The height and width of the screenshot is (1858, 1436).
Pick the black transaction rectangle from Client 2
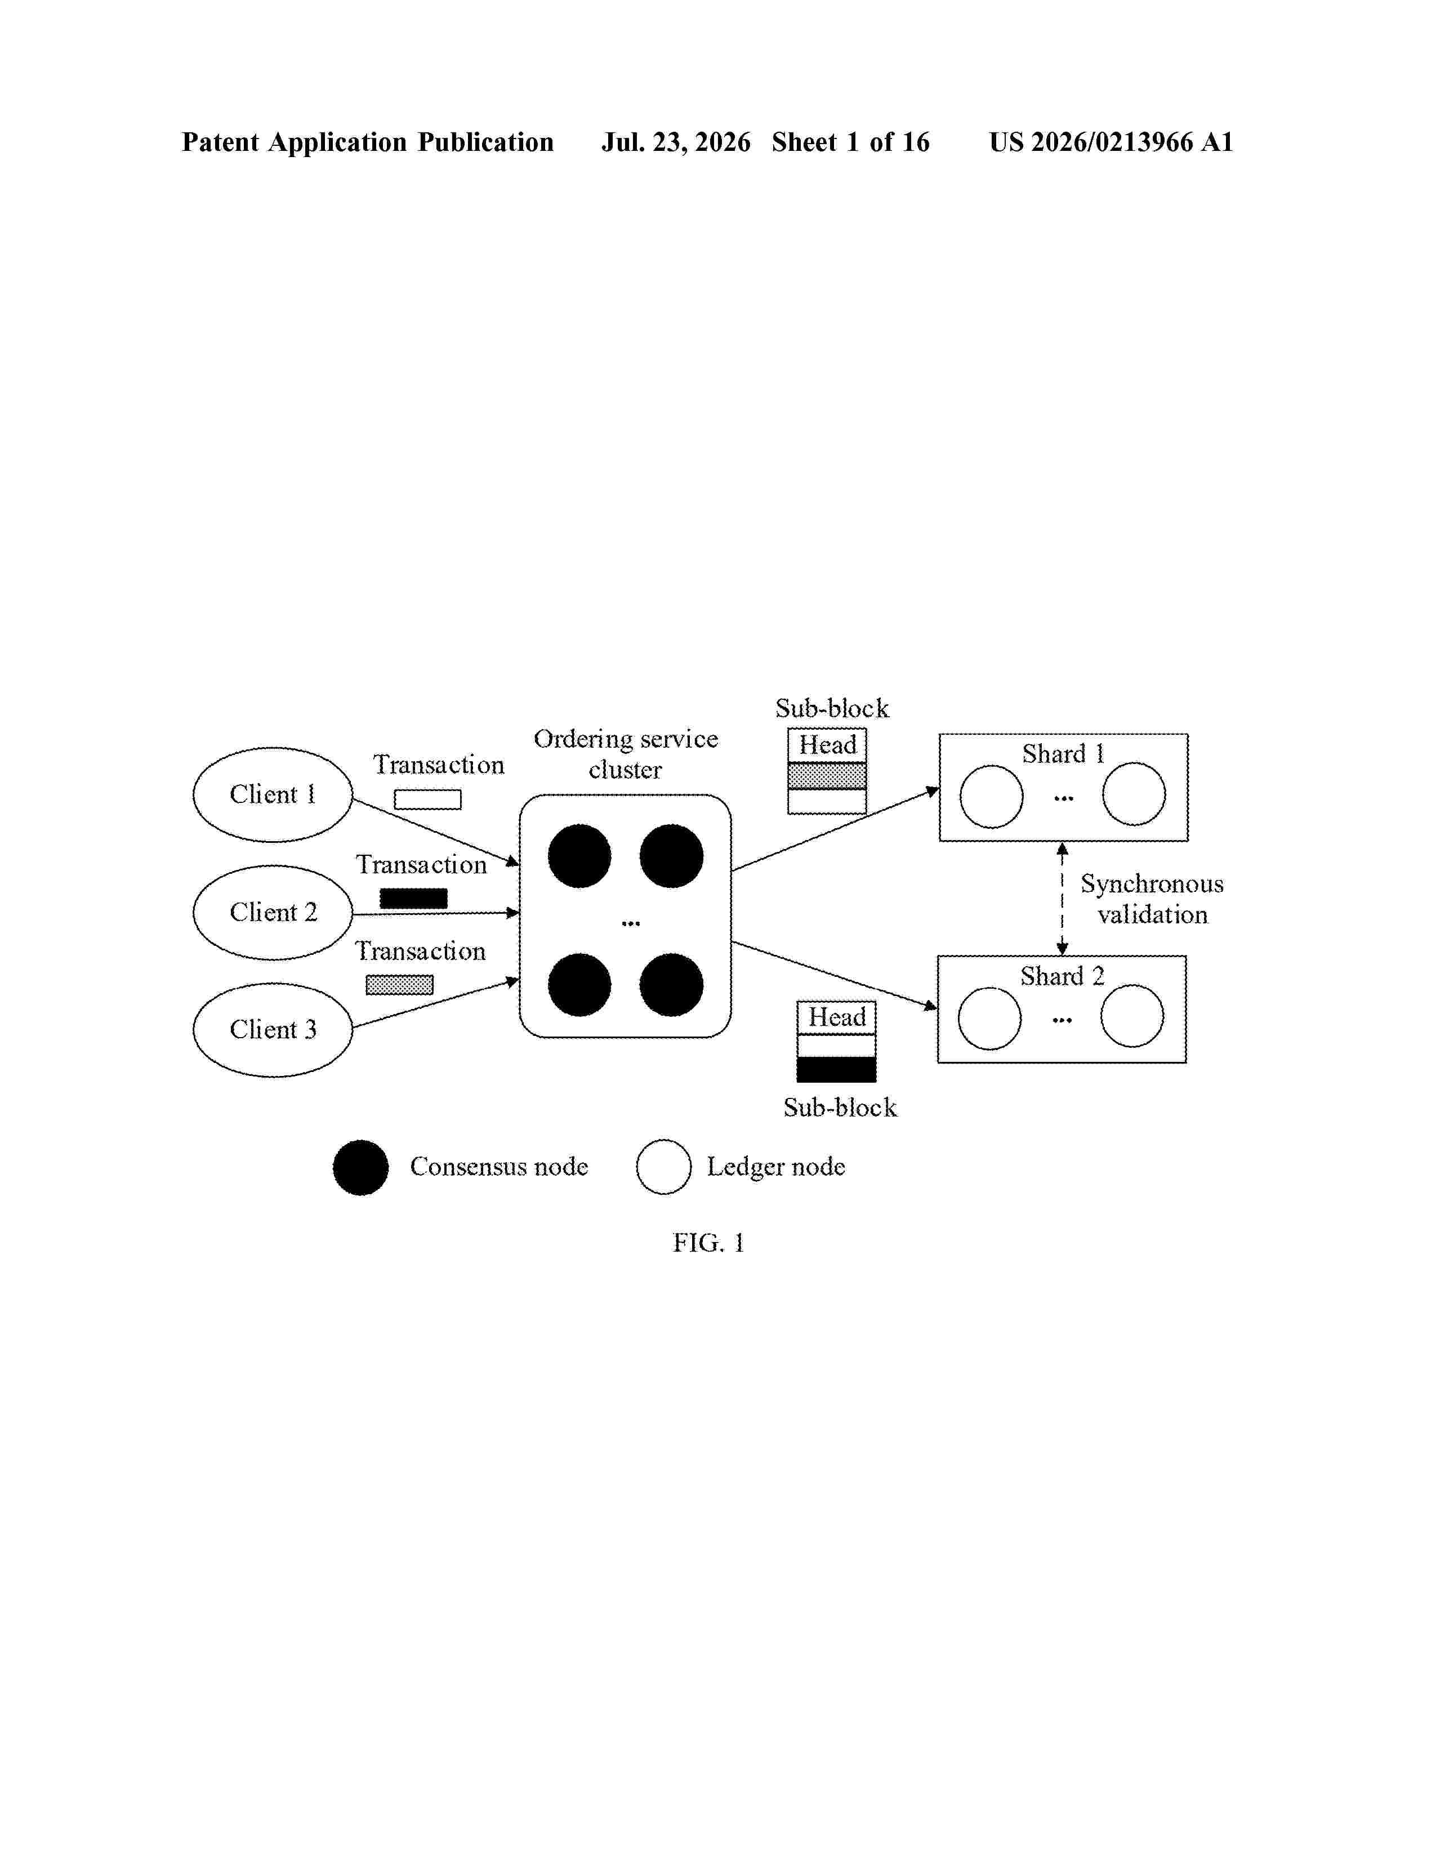413,899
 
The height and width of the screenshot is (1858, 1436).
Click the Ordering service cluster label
626,754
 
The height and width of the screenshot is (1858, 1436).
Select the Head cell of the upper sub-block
827,745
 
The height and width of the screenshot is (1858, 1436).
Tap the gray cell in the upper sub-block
827,776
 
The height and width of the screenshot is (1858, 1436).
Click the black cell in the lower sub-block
836,1069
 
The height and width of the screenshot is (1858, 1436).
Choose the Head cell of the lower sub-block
836,1017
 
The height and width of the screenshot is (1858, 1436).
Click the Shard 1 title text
1063,754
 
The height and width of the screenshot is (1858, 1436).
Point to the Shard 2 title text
1063,976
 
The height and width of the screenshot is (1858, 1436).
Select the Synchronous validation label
1153,899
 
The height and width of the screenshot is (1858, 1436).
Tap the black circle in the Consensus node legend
361,1167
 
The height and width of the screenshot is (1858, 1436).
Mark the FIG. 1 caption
708,1243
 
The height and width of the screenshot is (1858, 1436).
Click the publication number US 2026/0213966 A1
1111,142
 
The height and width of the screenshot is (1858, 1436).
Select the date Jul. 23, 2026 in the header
676,142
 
